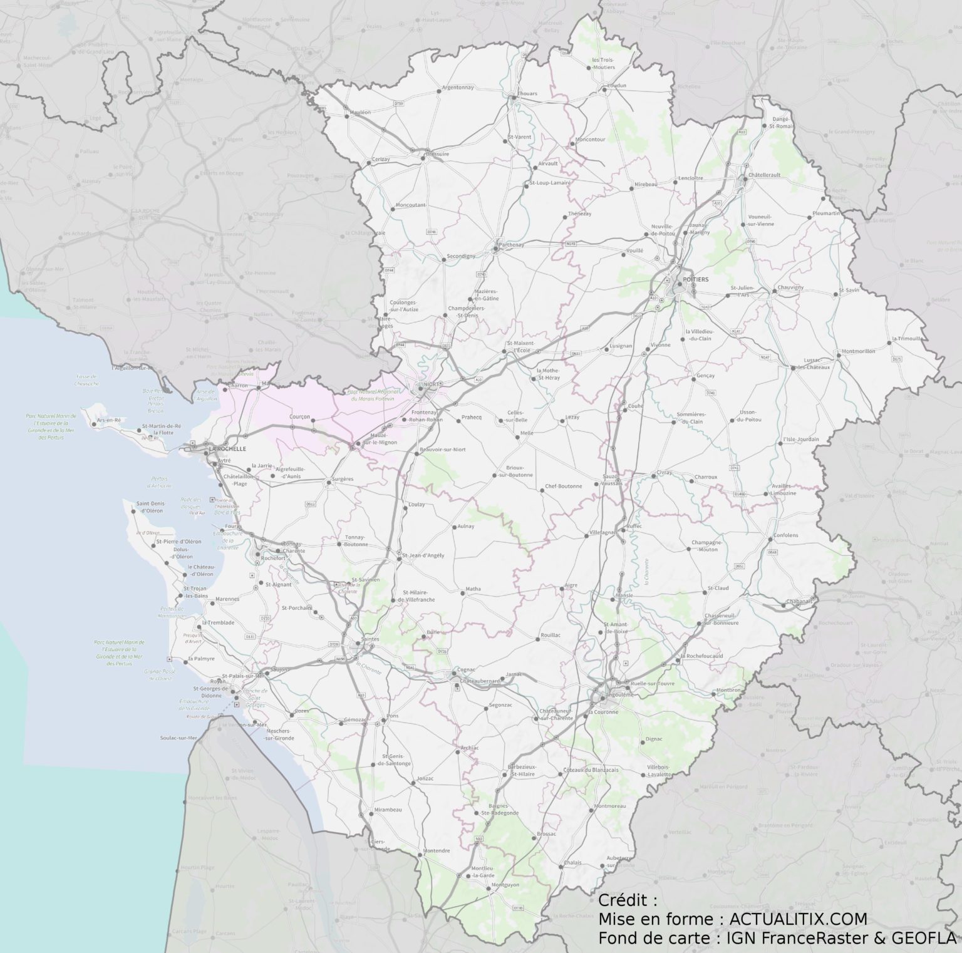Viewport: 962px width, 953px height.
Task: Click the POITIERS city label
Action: (696, 279)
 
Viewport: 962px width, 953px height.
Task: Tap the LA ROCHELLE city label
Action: (227, 449)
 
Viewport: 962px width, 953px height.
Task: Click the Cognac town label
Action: (467, 669)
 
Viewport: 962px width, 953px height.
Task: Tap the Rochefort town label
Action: (273, 558)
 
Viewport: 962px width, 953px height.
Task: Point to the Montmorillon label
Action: (859, 351)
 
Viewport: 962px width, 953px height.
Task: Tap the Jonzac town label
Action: (425, 778)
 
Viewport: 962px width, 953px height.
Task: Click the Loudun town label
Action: (616, 85)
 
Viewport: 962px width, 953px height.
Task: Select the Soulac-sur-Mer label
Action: (179, 738)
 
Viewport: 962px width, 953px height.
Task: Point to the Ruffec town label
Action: (634, 527)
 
